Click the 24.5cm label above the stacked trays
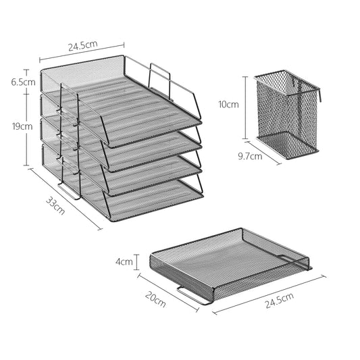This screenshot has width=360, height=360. point(82,47)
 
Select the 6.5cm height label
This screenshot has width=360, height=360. point(14,81)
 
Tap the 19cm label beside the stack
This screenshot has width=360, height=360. point(14,126)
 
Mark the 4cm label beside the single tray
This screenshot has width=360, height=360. point(124,261)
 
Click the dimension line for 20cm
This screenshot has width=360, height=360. point(169,291)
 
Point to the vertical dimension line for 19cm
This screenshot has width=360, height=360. point(27,128)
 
